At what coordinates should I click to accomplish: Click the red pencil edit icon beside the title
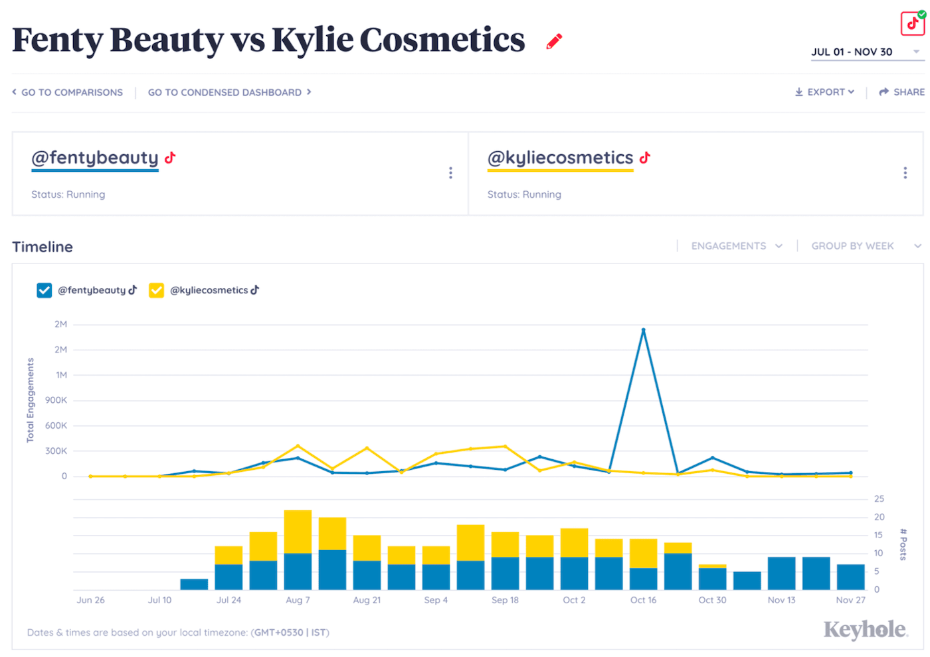point(554,42)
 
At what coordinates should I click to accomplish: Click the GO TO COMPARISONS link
point(68,92)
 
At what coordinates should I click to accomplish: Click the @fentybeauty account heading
point(95,158)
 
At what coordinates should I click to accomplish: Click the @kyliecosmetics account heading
point(560,158)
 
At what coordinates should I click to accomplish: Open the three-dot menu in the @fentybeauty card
point(450,173)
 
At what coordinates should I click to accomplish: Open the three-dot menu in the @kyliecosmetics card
point(905,173)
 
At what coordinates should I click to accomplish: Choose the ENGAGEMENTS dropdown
point(736,246)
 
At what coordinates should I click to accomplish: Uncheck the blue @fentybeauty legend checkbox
point(45,291)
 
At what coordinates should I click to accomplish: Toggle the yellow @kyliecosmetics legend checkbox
point(156,291)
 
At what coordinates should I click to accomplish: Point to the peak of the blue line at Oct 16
point(643,330)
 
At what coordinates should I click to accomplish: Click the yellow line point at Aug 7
point(298,446)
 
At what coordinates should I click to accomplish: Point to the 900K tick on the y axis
point(56,400)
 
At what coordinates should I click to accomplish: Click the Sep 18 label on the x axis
point(505,600)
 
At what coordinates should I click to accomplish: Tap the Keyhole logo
point(865,630)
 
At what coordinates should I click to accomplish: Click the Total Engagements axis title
point(30,400)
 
